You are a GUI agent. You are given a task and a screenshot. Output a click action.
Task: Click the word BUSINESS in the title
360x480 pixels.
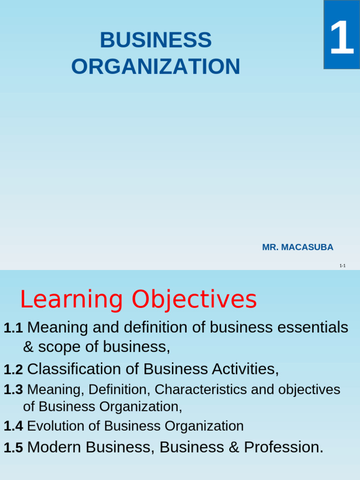coord(156,40)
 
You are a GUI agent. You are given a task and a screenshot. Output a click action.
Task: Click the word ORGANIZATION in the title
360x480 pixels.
coord(156,67)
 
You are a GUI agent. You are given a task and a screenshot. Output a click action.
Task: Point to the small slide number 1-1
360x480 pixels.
coord(342,266)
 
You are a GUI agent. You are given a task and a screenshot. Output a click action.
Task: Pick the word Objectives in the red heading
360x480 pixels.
coord(194,300)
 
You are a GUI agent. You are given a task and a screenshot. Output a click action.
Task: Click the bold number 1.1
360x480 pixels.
coord(13,328)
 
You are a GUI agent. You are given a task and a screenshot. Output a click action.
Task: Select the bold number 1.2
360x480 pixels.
coord(13,370)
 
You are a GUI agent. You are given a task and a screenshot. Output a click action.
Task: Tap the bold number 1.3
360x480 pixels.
coord(13,390)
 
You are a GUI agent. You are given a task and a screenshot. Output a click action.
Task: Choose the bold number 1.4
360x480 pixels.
coord(13,427)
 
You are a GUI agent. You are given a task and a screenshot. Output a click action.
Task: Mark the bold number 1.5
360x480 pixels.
coord(13,448)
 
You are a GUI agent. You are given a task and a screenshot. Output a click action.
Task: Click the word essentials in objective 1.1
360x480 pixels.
coord(313,327)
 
